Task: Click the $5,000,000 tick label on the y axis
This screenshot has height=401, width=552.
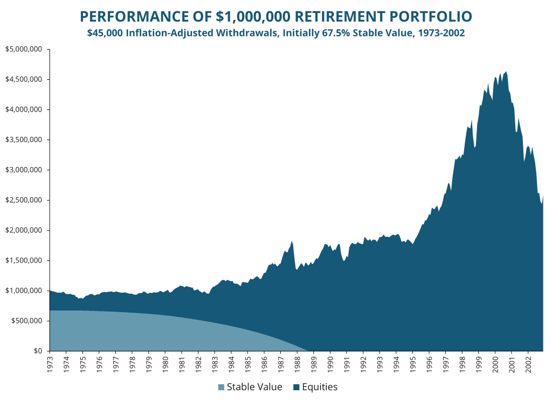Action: coord(24,49)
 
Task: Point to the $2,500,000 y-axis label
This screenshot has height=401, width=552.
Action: coord(24,200)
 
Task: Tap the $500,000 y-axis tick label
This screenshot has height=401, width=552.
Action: coord(27,321)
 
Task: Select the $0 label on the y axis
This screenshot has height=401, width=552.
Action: coord(38,351)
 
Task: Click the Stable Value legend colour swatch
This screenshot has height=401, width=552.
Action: coord(221,388)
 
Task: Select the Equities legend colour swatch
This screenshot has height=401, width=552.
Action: coord(296,388)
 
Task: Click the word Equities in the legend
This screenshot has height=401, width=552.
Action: coord(320,387)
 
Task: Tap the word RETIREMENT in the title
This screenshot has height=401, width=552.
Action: coord(339,17)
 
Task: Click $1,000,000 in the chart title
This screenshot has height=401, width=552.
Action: coord(253,17)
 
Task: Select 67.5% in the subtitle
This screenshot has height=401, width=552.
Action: coord(335,33)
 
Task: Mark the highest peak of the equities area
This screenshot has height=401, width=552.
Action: coord(506,72)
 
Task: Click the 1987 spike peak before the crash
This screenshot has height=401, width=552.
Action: coord(292,241)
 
